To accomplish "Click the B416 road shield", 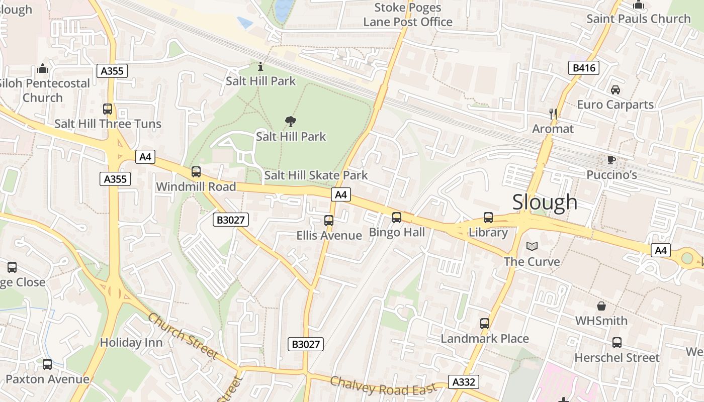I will coord(584,68).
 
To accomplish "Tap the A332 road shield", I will coord(463,382).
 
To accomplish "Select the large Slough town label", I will coord(545,202).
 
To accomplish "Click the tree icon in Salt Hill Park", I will coord(290,121).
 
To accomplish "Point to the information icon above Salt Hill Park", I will coord(260,66).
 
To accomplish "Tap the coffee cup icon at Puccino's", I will coord(611,160).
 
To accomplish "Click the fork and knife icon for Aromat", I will coord(553,114).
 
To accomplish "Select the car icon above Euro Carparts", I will coord(615,90).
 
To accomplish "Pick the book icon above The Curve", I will coord(532,246).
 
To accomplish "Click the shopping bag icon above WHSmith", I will coord(601,306).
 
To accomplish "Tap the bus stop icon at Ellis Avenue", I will coord(329,220).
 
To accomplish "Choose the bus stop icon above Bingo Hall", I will coord(397,217).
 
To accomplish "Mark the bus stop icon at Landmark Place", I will coord(484,323).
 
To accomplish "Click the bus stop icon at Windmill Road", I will coord(196,172).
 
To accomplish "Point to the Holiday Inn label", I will coord(131,343).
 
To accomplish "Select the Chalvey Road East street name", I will coord(383,385).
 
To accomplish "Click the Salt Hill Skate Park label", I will coord(316,175).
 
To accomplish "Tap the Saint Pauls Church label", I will coord(639,19).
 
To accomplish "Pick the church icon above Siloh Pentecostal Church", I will coord(43,68).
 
